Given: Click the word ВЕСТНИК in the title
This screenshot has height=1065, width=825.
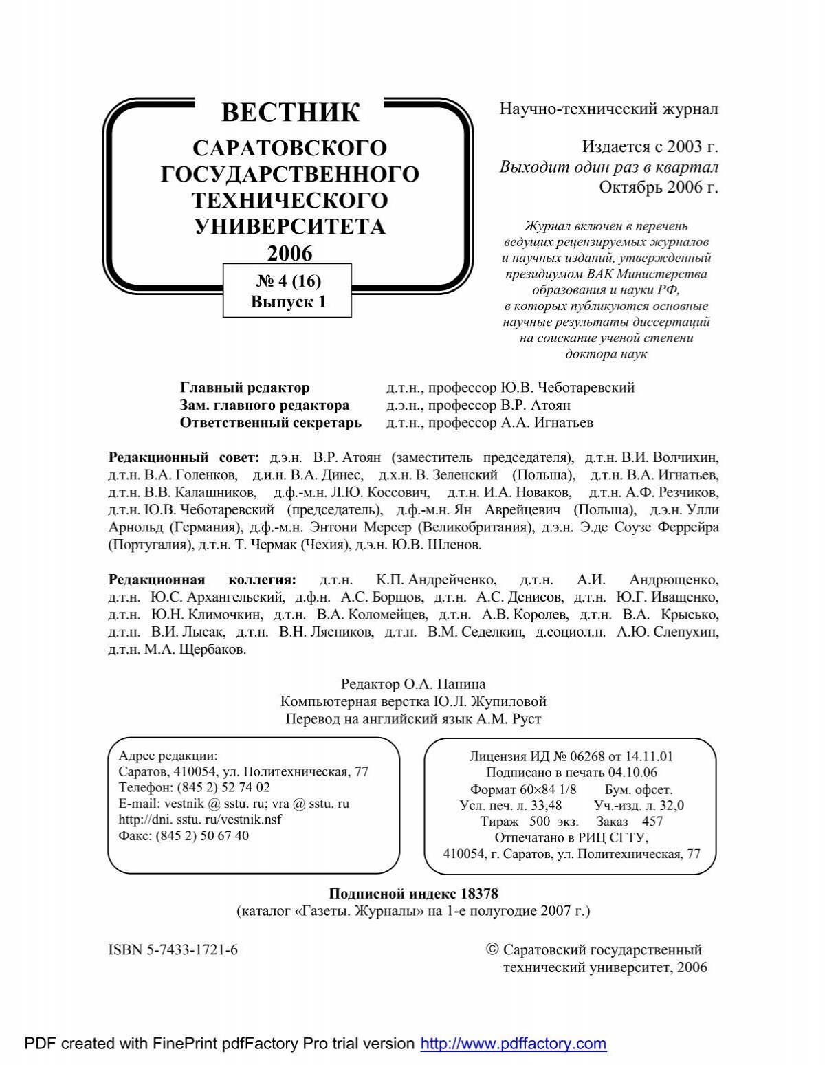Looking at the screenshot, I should pyautogui.click(x=290, y=112).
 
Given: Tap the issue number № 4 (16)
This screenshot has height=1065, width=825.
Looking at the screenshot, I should pyautogui.click(x=288, y=281).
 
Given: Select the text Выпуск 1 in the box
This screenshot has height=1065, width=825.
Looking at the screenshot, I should pyautogui.click(x=288, y=302).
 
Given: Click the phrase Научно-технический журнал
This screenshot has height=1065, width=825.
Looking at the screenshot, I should pyautogui.click(x=608, y=109).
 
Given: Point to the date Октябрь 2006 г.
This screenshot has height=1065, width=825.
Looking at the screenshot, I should pyautogui.click(x=658, y=187).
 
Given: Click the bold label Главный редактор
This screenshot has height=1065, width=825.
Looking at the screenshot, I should pyautogui.click(x=245, y=388).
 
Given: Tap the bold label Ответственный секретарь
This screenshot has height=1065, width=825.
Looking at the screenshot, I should pyautogui.click(x=270, y=423).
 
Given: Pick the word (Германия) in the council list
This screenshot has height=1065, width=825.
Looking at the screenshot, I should pyautogui.click(x=205, y=527).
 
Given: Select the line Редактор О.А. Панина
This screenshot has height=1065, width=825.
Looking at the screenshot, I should pyautogui.click(x=413, y=684).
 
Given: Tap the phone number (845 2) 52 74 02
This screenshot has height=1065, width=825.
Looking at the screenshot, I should pyautogui.click(x=223, y=788).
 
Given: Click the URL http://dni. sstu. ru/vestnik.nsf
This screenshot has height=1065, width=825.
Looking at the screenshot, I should pyautogui.click(x=200, y=820).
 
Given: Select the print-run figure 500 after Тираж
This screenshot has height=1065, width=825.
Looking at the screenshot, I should pyautogui.click(x=540, y=822).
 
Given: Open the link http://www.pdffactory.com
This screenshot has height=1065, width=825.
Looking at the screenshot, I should pyautogui.click(x=513, y=1044).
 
